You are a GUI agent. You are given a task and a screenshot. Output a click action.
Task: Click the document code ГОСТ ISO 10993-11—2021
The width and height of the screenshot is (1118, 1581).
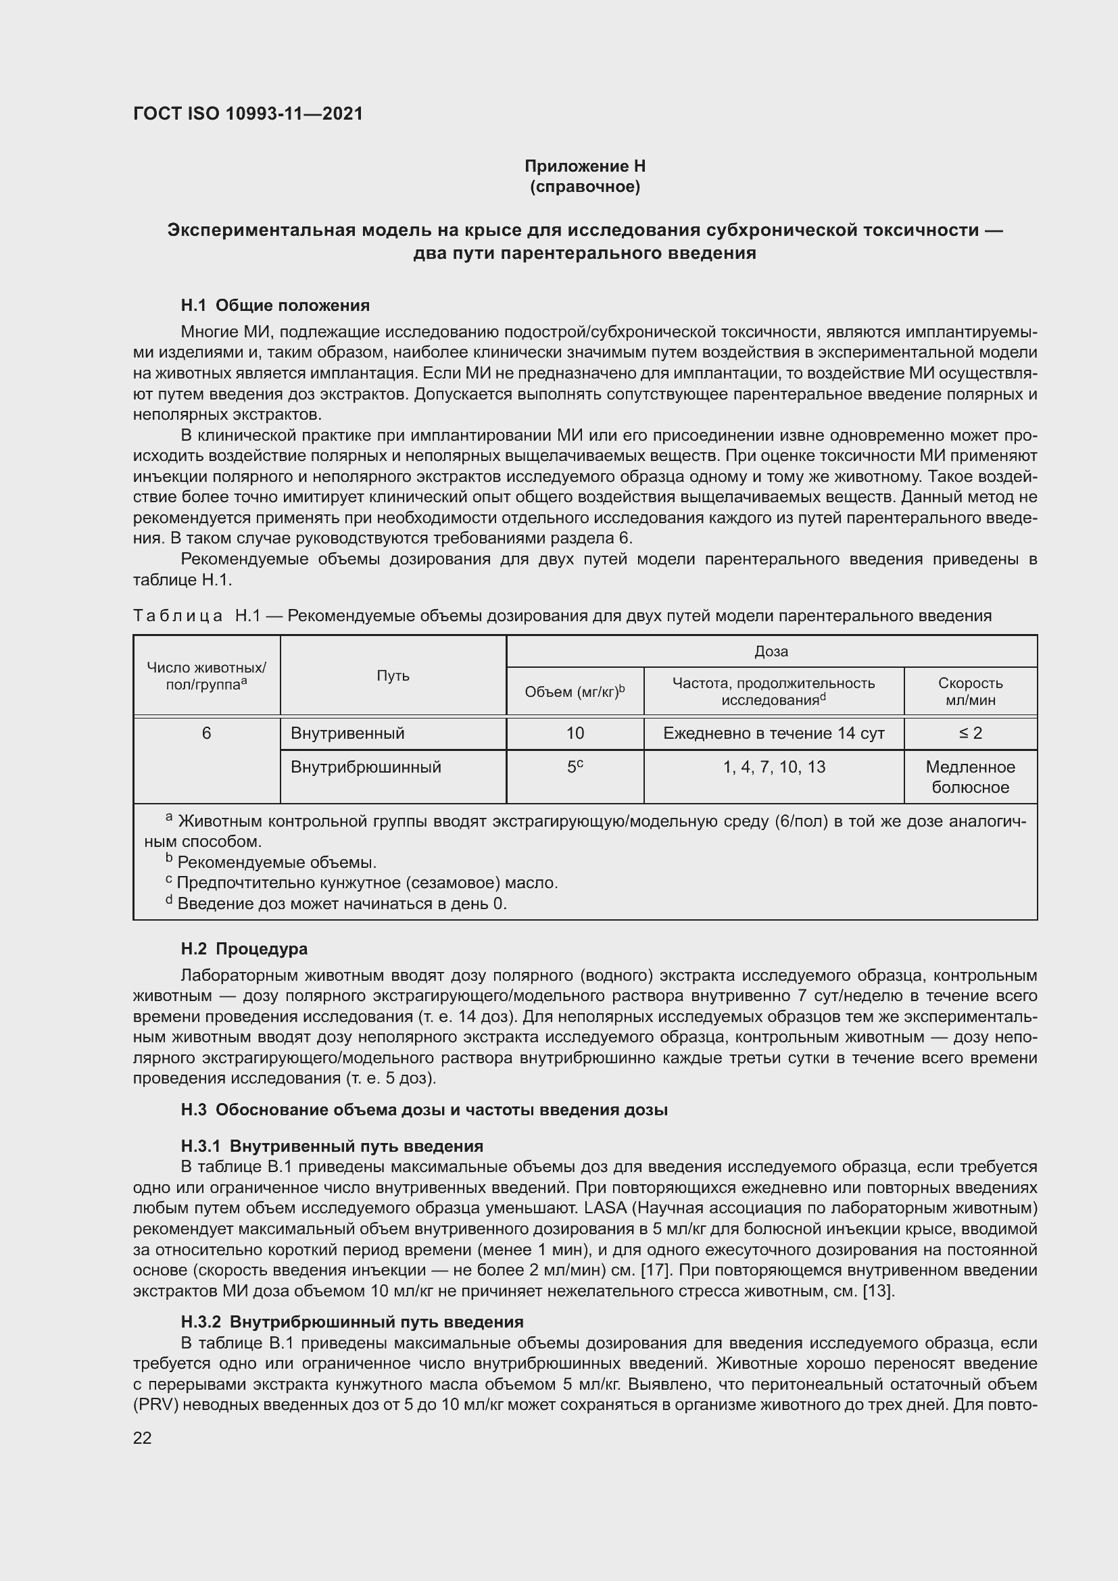pos(248,114)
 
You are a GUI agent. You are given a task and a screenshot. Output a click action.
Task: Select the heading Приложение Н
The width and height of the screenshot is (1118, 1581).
pos(585,166)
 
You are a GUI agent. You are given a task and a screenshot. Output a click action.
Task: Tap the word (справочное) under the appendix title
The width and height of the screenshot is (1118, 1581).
pos(585,187)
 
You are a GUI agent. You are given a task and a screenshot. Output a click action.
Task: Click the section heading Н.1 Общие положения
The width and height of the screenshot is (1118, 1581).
pos(274,305)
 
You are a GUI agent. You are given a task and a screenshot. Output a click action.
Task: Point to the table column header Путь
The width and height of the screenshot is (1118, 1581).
pos(393,675)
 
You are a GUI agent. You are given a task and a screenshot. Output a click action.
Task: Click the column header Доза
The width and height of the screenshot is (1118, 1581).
pos(771,652)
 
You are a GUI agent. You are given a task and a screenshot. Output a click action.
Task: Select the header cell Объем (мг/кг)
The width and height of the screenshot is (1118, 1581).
pos(575,691)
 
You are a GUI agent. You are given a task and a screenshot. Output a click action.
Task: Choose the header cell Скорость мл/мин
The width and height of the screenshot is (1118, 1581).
pos(970,691)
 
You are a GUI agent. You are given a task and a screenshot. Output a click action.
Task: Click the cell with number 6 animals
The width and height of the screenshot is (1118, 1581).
pos(207,733)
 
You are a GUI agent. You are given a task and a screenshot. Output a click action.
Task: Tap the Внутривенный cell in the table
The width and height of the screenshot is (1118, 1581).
pos(347,733)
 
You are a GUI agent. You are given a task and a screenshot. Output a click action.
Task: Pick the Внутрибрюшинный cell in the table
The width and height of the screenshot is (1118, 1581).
pos(366,767)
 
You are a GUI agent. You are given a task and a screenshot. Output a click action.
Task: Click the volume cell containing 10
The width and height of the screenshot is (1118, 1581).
pos(575,733)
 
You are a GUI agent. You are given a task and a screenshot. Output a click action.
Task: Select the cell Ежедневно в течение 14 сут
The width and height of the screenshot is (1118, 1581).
pos(774,733)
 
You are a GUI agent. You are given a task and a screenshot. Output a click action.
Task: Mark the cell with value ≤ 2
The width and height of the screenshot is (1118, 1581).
pos(970,733)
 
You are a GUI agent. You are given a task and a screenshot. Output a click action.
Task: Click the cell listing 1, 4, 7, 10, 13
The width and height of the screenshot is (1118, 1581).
pos(774,767)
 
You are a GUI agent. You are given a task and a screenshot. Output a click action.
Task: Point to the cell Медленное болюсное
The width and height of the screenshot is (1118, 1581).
pos(970,777)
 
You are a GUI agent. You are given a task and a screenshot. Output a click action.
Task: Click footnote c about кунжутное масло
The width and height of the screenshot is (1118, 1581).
pos(365,883)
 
